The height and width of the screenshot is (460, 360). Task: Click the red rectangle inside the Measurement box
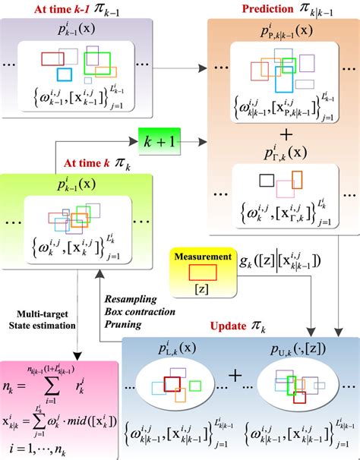tap(202, 273)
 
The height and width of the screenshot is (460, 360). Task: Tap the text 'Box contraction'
tap(138, 311)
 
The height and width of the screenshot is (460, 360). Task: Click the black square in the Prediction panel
tap(267, 180)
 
